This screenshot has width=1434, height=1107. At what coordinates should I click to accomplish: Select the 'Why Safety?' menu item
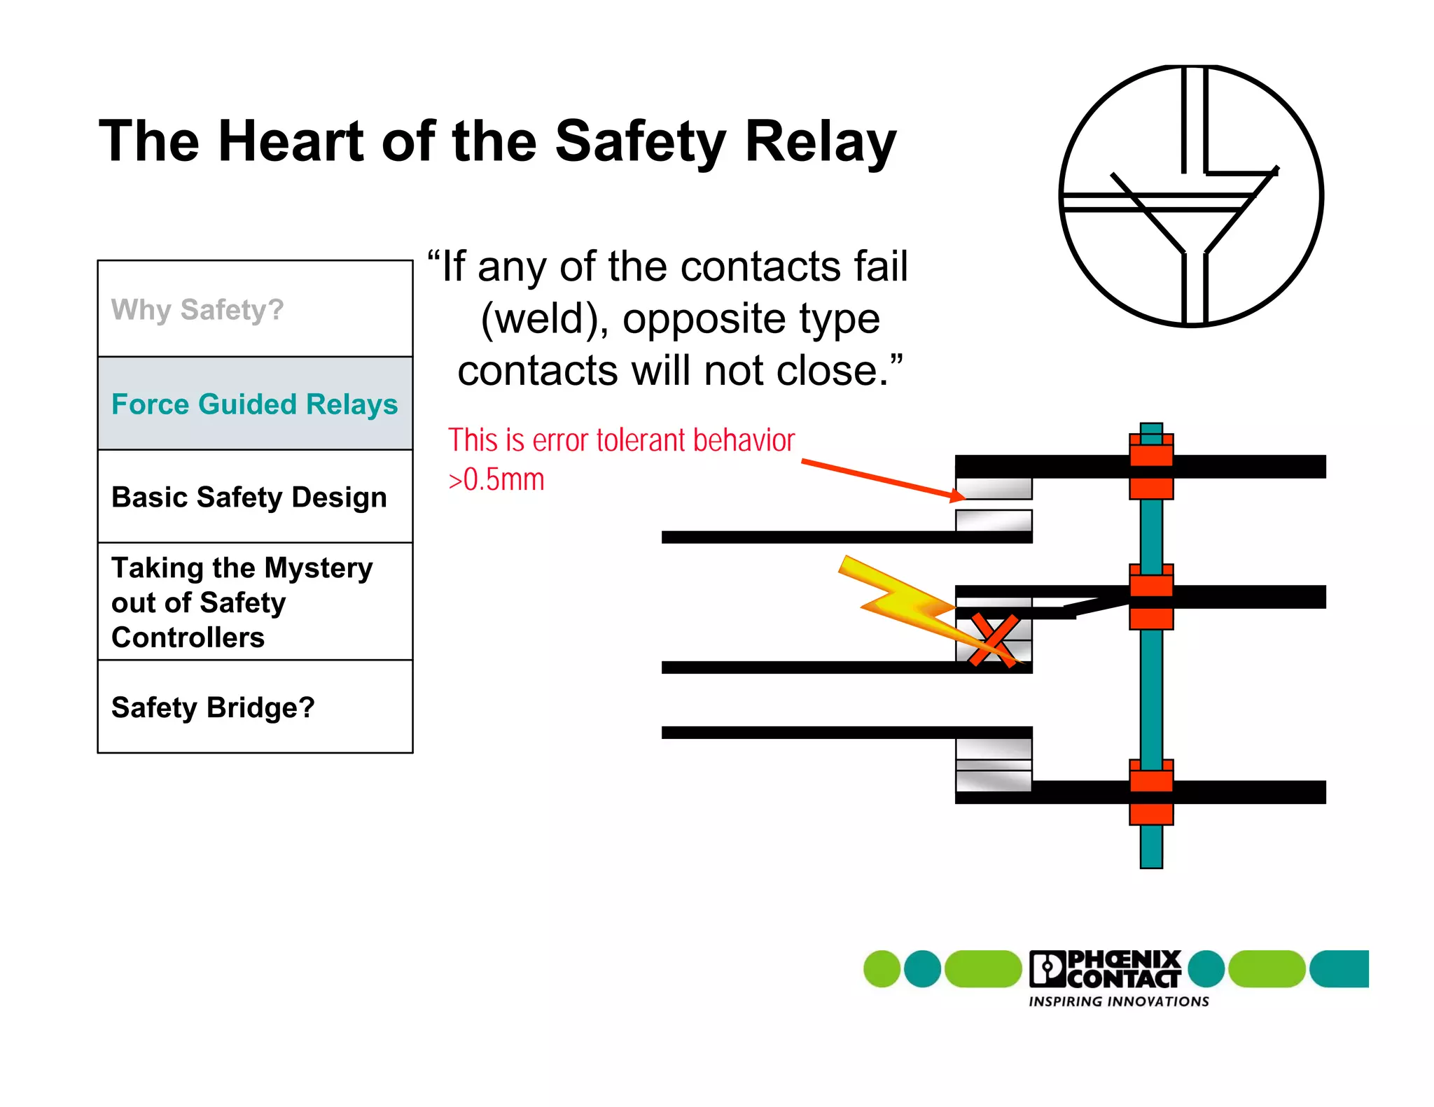pyautogui.click(x=197, y=309)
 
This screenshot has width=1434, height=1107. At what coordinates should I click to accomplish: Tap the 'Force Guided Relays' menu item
pyautogui.click(x=254, y=404)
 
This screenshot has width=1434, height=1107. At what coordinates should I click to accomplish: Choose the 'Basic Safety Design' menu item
pyautogui.click(x=249, y=498)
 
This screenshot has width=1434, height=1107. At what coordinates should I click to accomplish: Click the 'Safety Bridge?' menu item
pyautogui.click(x=213, y=707)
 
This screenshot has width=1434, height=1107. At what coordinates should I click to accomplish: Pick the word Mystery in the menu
pyautogui.click(x=319, y=567)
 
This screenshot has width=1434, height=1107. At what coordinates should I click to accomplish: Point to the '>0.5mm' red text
pyautogui.click(x=496, y=480)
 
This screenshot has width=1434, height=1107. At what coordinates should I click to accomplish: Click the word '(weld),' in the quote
pyautogui.click(x=544, y=319)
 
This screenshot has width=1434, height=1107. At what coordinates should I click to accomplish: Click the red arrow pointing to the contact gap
pyautogui.click(x=882, y=479)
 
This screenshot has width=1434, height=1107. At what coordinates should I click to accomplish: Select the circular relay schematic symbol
pyautogui.click(x=1191, y=196)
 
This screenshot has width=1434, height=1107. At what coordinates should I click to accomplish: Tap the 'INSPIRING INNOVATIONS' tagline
pyautogui.click(x=1118, y=1002)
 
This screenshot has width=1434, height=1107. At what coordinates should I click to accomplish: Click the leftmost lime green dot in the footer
pyautogui.click(x=882, y=969)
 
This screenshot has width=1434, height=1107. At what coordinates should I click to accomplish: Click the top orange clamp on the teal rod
pyautogui.click(x=1151, y=465)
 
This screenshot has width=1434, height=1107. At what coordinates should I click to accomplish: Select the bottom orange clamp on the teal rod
pyautogui.click(x=1151, y=792)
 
